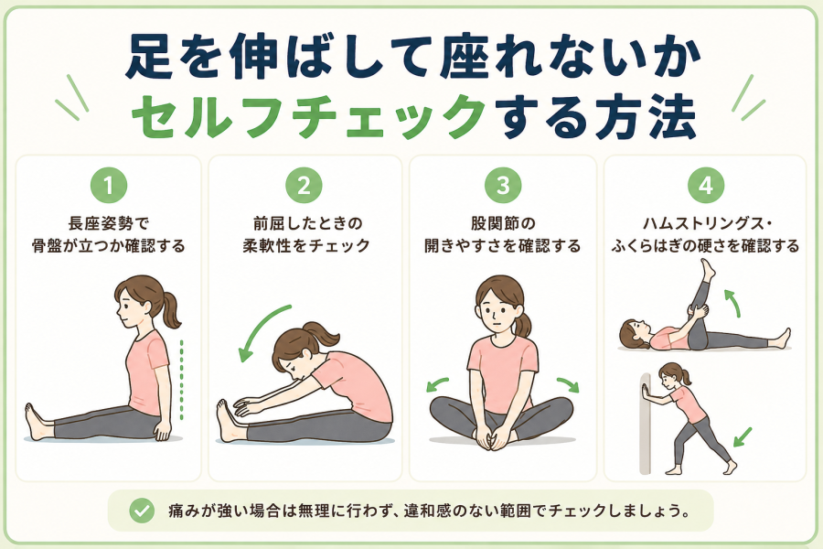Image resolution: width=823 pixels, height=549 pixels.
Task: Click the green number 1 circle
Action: (109, 185)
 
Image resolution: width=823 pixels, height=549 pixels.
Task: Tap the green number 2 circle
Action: (304, 185)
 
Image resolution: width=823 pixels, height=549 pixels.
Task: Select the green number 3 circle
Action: (503, 185)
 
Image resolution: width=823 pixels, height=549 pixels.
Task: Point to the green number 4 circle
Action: (705, 185)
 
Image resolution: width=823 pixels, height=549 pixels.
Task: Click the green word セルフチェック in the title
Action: (309, 116)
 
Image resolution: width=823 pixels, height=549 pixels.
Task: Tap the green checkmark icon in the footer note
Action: (142, 511)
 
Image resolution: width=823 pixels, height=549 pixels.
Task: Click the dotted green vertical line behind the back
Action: (182, 380)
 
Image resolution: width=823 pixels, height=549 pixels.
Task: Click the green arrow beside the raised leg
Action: (732, 303)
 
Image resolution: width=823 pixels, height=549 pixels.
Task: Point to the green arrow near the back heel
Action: (743, 437)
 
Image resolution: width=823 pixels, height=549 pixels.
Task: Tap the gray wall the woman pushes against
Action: (645, 424)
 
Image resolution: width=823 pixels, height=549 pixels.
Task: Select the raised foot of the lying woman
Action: (708, 268)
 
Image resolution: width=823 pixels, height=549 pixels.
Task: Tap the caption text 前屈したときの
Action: (307, 223)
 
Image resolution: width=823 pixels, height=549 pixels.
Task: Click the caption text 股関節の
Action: (503, 223)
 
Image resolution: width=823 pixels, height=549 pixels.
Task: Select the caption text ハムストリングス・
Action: (707, 223)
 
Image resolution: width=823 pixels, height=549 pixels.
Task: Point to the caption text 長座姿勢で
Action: (109, 223)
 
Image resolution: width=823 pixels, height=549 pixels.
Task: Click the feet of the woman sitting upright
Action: (37, 422)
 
